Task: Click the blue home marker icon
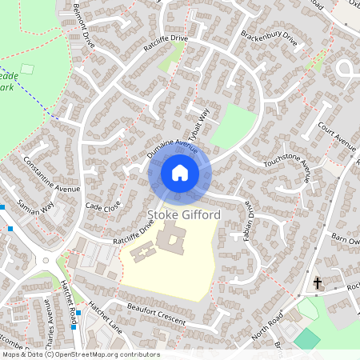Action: click(180, 173)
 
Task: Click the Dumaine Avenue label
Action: click(173, 145)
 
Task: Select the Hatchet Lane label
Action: click(102, 317)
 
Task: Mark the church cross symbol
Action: click(318, 283)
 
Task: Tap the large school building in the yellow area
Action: click(171, 238)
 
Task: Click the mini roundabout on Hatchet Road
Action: click(46, 261)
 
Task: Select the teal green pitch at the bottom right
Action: click(306, 338)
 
